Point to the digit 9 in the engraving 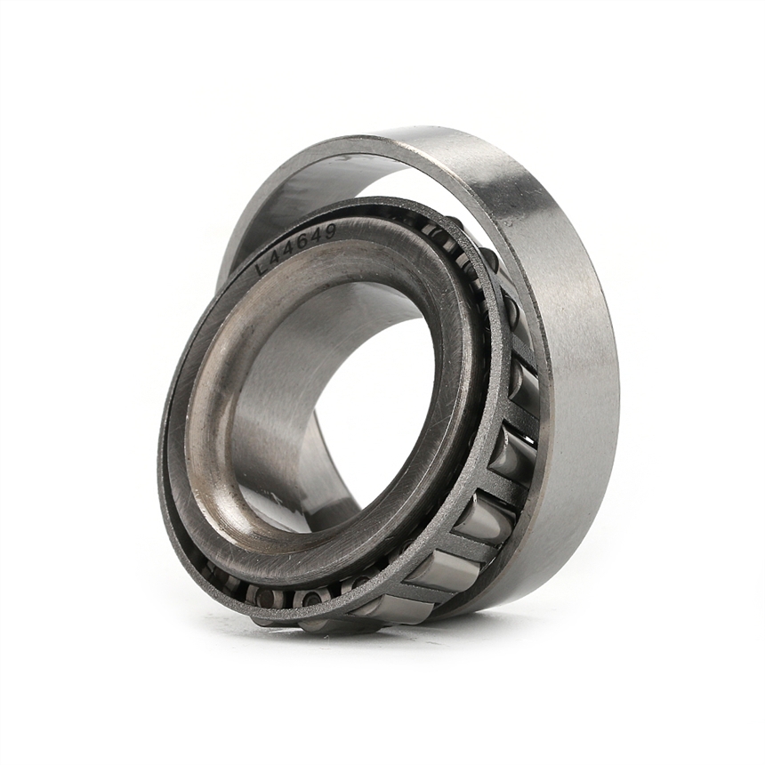click(x=332, y=233)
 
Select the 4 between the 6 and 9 click(x=318, y=237)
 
